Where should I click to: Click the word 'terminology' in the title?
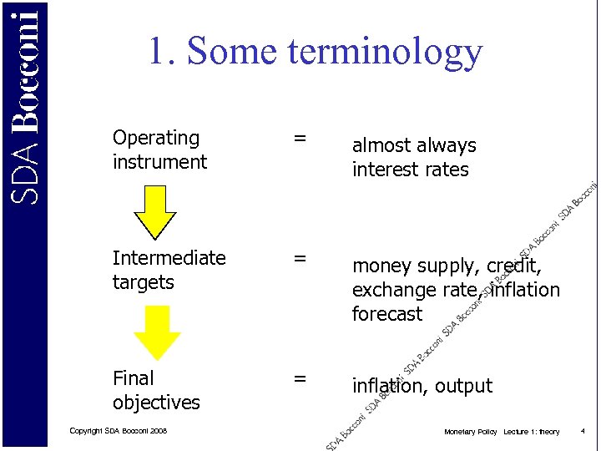point(385,52)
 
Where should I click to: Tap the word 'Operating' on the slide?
point(156,138)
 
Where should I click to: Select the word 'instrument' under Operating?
point(159,162)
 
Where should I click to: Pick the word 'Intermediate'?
point(169,258)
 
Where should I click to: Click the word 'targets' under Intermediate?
point(143,282)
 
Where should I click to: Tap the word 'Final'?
point(133,378)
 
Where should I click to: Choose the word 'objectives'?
point(156,403)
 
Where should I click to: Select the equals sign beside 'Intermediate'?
point(299,258)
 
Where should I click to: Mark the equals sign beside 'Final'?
point(299,378)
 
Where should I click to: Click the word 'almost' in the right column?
point(381,145)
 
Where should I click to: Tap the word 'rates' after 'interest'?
point(448,170)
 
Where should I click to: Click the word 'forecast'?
point(387,314)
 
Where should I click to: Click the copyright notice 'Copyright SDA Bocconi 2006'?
point(119,431)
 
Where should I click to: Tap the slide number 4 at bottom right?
point(583,431)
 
